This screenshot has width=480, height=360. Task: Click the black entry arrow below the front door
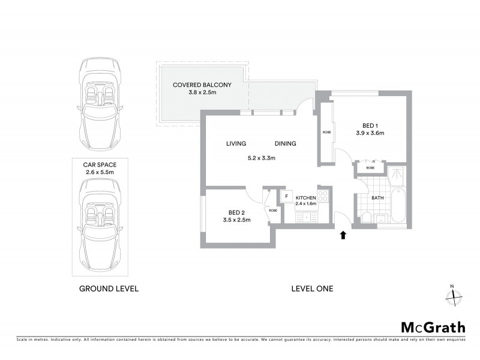click(x=344, y=235)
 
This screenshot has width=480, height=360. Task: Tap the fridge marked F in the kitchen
click(x=286, y=196)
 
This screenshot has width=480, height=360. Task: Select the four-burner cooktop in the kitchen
click(x=323, y=195)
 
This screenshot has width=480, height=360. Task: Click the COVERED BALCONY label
click(x=202, y=85)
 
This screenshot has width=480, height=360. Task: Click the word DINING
click(x=285, y=144)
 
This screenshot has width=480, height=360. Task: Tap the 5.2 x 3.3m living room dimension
click(x=261, y=158)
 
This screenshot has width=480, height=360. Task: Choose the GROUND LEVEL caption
click(x=109, y=289)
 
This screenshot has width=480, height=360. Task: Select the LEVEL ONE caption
click(x=312, y=289)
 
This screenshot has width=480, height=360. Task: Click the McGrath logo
click(x=433, y=327)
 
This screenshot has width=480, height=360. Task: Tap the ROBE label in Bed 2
click(x=272, y=211)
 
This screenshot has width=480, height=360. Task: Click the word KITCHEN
click(x=306, y=197)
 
